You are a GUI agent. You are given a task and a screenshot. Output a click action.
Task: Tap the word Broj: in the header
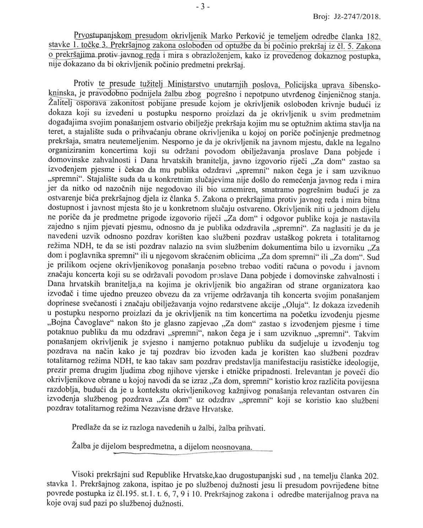tap(321, 17)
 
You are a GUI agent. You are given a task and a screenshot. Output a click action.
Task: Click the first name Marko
tap(223, 36)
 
